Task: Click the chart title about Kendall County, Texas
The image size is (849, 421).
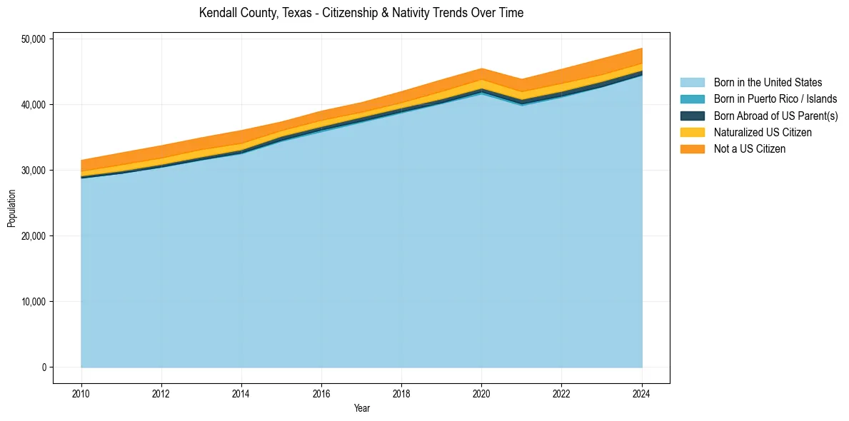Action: pos(361,13)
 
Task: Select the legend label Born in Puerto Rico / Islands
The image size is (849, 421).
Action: pos(775,99)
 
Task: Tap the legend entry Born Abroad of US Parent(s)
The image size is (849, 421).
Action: pos(775,116)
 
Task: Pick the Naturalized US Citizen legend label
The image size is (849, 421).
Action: pos(763,133)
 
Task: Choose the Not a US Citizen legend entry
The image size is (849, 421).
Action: pos(749,149)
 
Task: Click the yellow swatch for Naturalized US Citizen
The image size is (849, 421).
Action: pos(692,133)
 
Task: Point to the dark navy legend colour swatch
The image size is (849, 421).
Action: pos(692,116)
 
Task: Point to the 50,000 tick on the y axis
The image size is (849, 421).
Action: pos(33,39)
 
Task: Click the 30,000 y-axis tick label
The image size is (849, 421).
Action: pos(33,171)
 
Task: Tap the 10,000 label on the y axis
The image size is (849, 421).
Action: pos(33,302)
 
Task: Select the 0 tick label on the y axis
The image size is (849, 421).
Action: pos(44,367)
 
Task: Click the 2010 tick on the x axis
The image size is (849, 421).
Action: pos(81,392)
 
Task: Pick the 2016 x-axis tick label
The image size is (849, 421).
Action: pos(321,392)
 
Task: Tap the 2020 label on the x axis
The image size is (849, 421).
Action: pos(482,392)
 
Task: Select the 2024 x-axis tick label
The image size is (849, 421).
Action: pos(642,392)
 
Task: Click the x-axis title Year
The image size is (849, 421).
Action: pos(361,408)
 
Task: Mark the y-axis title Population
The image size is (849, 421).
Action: pos(11,208)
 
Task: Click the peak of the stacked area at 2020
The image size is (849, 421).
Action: pos(482,69)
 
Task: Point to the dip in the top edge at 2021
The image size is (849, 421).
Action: pos(522,79)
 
